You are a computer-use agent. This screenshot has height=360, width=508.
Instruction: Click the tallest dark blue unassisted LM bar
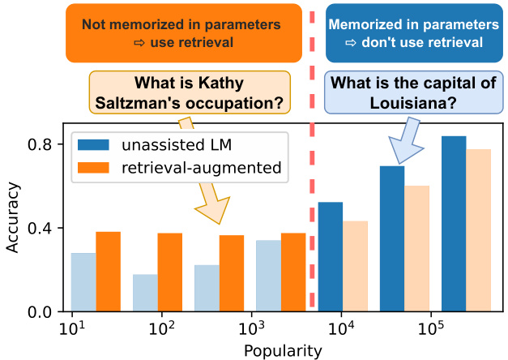[x=454, y=224]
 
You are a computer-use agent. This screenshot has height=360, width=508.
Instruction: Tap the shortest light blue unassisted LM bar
[x=145, y=293]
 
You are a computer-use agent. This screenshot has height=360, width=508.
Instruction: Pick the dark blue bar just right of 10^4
[x=331, y=256]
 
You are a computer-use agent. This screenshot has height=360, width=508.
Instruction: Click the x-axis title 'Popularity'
[x=280, y=350]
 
